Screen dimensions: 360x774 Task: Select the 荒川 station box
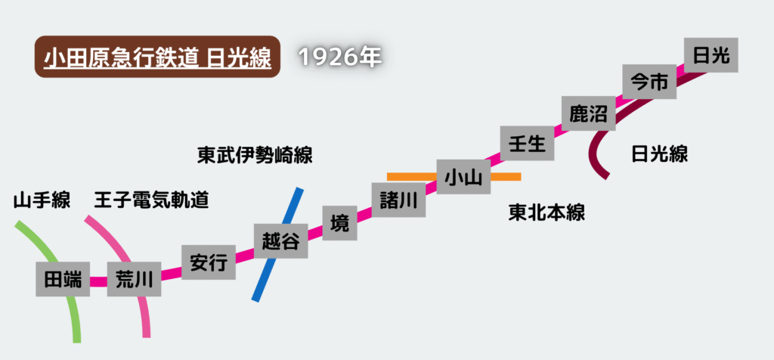point(135,279)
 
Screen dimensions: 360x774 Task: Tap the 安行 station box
point(209,262)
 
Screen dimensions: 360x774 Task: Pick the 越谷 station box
point(280,241)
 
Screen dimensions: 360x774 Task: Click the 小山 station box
point(463,177)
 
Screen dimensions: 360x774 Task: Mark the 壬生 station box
point(528,143)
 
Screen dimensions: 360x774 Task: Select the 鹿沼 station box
point(588,113)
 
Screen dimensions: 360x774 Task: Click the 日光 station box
point(711,55)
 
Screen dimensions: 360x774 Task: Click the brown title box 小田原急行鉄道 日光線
point(157,57)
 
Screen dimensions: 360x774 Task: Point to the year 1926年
point(341,57)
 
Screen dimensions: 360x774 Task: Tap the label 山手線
point(42,200)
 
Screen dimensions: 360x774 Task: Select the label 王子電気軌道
point(151,200)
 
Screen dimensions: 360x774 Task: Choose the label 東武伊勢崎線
point(255,156)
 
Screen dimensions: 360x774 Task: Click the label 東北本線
point(546,213)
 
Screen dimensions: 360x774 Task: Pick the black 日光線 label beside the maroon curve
point(659,154)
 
